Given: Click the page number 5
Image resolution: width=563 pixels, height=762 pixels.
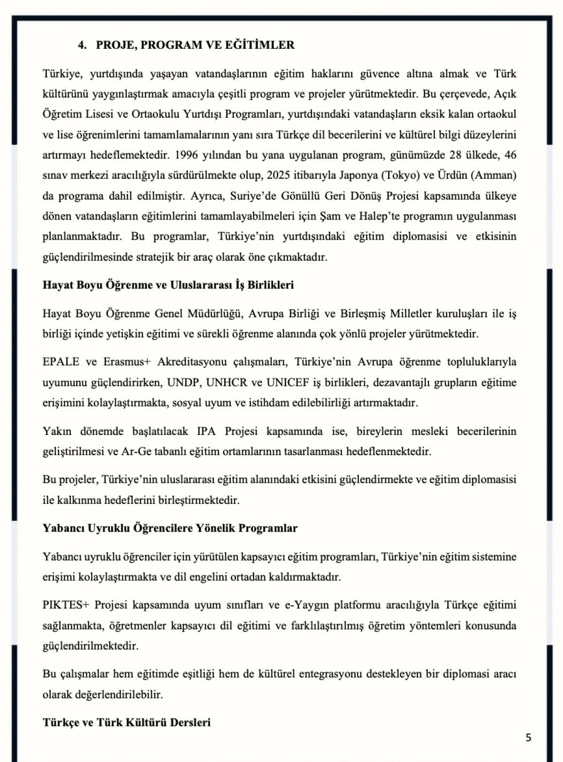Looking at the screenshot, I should coord(528,737).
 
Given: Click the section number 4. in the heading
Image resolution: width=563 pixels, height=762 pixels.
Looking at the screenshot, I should coord(82,45).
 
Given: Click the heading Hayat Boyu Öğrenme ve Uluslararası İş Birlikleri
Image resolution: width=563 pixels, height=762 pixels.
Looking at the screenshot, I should coord(168,285).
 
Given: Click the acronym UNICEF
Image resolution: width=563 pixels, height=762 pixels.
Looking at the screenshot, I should coord(288,382).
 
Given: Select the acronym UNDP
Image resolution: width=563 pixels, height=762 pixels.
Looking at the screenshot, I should coord(184,382).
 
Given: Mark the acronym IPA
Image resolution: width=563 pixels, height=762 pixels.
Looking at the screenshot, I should coord(206,431).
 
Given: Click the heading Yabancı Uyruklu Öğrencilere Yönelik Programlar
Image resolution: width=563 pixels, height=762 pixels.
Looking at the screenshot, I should coord(170,528).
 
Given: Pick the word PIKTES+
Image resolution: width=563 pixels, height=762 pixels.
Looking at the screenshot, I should coord(66,605).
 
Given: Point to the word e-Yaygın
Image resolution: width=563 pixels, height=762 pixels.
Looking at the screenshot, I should coord(306,605).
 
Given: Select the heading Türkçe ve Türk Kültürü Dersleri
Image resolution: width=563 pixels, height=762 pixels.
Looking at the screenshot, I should coord(127,722).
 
